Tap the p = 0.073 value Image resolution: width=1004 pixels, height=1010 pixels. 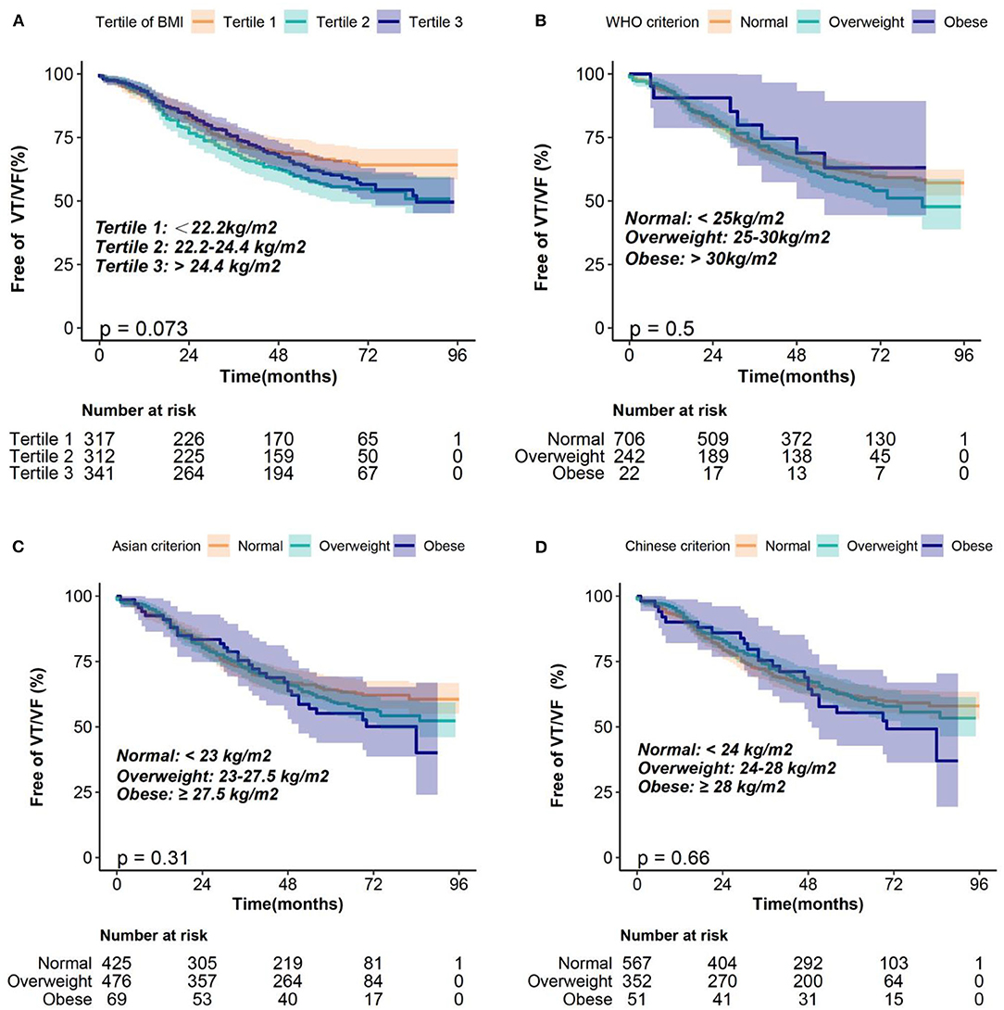144,328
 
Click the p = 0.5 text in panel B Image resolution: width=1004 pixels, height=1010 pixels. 662,328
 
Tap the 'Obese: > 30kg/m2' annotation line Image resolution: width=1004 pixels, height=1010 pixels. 701,259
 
